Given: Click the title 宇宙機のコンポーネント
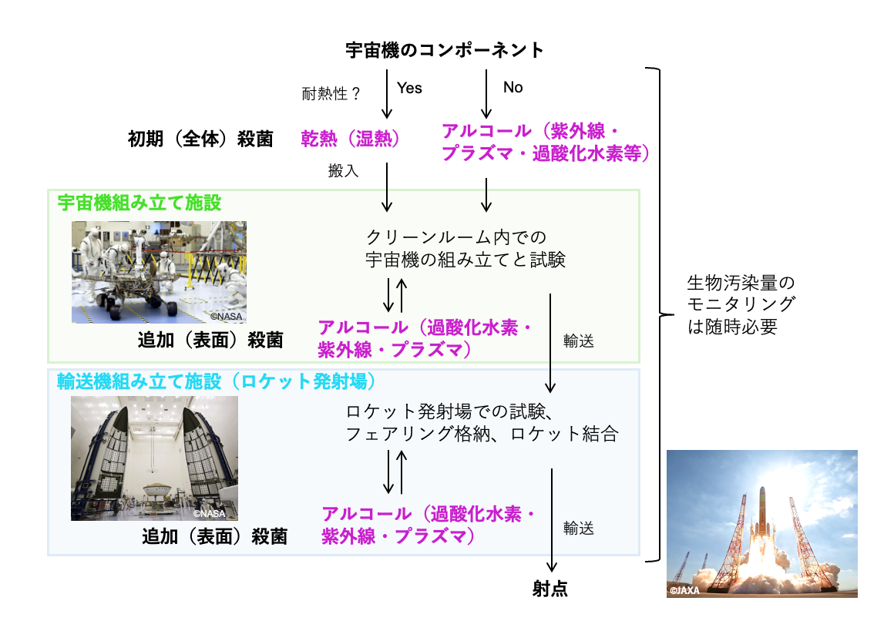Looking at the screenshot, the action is click(445, 50).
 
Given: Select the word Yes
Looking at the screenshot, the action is click(409, 88).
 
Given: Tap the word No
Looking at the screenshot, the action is click(513, 87).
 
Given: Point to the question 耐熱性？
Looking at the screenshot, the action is click(331, 93).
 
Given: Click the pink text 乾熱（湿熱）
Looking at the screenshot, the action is click(350, 139).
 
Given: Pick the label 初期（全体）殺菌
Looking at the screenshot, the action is click(200, 139).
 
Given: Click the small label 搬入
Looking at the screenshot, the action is click(343, 170).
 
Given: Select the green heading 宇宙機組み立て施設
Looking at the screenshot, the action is click(139, 203).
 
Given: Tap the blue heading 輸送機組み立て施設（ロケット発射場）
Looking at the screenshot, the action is click(217, 381).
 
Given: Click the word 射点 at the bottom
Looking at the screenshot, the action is click(550, 589).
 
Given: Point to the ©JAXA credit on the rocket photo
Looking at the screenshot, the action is click(684, 590).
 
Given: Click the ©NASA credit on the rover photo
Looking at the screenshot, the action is click(227, 316).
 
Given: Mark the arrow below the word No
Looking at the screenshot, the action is click(486, 93).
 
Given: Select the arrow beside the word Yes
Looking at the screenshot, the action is click(387, 93).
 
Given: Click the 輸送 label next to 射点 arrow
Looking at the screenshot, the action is click(579, 528).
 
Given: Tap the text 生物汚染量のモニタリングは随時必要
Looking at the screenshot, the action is click(741, 304).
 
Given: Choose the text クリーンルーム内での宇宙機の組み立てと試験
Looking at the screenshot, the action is click(465, 248).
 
